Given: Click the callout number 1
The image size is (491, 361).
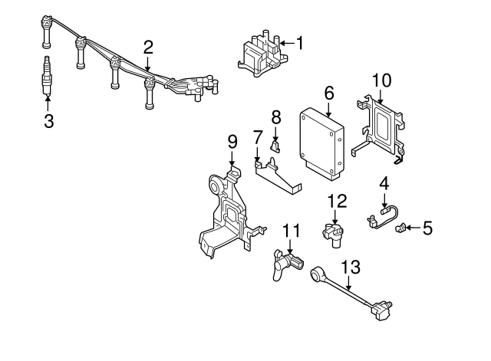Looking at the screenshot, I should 300,44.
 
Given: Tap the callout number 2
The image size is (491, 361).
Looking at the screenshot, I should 148,47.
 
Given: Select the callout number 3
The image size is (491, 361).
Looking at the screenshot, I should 48,120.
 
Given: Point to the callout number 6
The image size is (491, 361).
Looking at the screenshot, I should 329,93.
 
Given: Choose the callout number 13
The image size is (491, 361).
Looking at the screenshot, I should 350,267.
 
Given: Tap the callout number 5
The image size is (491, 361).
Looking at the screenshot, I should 428,228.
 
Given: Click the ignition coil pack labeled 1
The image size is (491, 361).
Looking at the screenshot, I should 262,54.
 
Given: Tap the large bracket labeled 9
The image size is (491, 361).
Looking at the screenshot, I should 226,211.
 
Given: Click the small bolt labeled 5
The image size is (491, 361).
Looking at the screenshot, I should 399,227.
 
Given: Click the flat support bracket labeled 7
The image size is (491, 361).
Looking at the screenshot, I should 278,176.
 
